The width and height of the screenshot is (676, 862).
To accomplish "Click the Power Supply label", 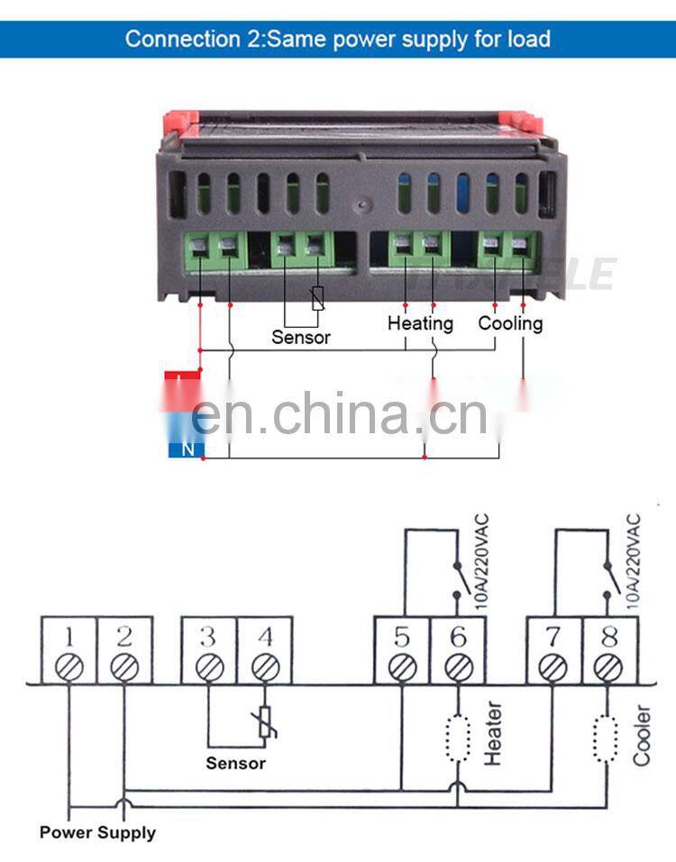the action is pyautogui.click(x=97, y=832).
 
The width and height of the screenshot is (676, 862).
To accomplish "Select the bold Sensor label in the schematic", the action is pyautogui.click(x=236, y=763).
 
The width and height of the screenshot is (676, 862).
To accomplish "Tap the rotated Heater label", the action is pyautogui.click(x=493, y=735).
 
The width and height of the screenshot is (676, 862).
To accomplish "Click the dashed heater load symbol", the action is pyautogui.click(x=459, y=734).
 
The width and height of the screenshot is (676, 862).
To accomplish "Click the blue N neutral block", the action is pyautogui.click(x=187, y=448).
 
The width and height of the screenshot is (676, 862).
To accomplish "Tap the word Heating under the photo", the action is pyautogui.click(x=420, y=322).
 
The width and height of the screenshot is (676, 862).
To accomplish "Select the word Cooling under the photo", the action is pyautogui.click(x=510, y=322).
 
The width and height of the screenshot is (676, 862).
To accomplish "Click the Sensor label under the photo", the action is pyautogui.click(x=301, y=338).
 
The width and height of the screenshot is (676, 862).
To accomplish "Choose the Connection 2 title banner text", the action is pyautogui.click(x=337, y=39).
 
